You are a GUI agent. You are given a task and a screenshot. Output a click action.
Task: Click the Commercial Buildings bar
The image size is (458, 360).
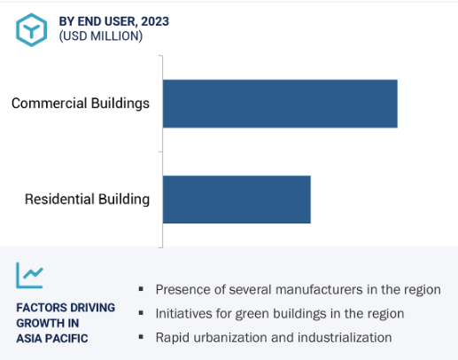[x=280, y=104]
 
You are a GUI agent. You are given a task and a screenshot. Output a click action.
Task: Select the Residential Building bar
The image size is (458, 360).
[x=237, y=200]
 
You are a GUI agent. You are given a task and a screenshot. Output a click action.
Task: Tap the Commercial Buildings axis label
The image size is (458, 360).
[x=81, y=104]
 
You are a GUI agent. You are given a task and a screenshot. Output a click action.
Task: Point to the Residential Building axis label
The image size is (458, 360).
[x=87, y=199]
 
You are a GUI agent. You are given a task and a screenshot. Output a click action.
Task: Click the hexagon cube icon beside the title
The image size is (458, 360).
[x=31, y=30]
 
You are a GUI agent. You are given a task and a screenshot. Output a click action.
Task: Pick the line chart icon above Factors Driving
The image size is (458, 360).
[x=29, y=275]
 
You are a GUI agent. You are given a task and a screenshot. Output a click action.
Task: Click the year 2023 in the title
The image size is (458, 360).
[x=155, y=21]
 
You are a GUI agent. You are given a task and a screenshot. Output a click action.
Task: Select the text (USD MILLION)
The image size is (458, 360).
[x=101, y=36]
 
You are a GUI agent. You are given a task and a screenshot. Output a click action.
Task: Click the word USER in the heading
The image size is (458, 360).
[x=120, y=21]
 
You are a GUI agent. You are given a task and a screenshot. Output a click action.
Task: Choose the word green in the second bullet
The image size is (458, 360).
[x=252, y=314]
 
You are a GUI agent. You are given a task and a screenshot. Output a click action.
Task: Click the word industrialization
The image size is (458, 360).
[x=345, y=338]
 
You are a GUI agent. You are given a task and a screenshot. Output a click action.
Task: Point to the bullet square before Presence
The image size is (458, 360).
[x=141, y=289]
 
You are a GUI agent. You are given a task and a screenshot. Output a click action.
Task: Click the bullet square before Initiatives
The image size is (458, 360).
[x=141, y=313]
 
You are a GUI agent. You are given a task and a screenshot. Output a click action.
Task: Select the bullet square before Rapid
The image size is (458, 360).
[x=141, y=337]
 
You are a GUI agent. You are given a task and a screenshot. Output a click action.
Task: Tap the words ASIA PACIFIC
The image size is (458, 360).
[x=52, y=339]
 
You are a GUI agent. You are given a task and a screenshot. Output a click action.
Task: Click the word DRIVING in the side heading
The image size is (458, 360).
[x=92, y=308]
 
